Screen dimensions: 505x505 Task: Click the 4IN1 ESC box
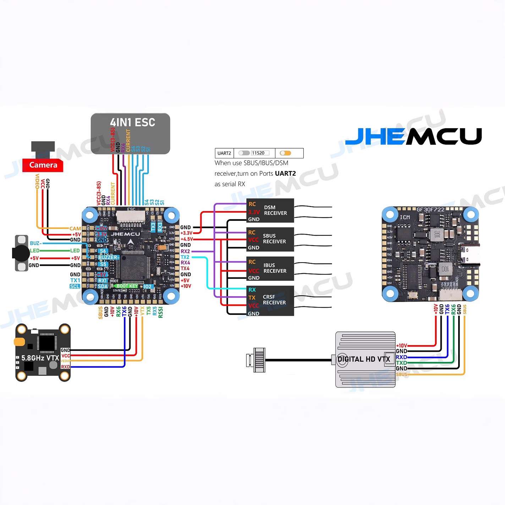tap(130, 133)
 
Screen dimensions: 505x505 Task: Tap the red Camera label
tap(43, 165)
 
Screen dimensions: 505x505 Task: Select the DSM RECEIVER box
tap(270, 210)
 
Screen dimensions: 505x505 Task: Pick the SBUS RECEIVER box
tap(270, 239)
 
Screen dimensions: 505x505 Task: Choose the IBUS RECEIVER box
tap(270, 269)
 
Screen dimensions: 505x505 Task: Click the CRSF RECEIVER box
tap(270, 300)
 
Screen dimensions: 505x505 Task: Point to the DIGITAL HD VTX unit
tap(365, 359)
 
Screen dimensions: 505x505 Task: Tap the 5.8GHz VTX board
tap(43, 352)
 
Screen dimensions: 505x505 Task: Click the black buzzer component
tap(21, 253)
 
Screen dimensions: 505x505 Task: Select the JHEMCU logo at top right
tap(413, 136)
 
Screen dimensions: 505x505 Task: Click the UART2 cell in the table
tap(224, 153)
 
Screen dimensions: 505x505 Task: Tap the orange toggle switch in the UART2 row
tap(285, 153)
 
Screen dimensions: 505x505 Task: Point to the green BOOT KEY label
tap(126, 286)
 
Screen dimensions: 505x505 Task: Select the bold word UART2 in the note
tap(285, 174)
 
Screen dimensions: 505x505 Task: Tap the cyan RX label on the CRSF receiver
tap(252, 290)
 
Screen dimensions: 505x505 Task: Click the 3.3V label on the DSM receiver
tap(254, 212)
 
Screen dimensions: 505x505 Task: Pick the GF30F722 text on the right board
tap(430, 210)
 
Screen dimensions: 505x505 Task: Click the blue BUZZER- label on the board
tap(109, 258)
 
